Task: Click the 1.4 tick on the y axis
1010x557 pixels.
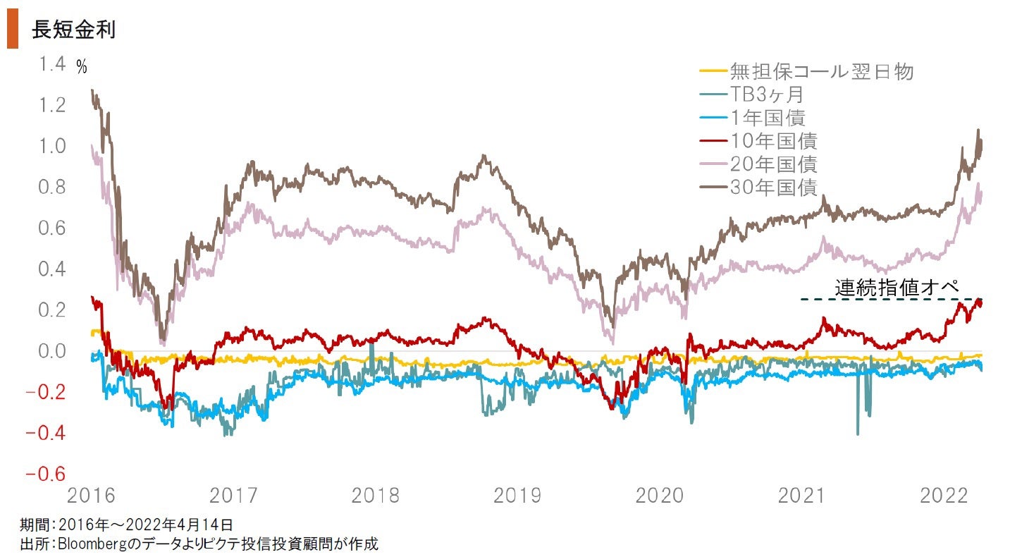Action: coord(52,64)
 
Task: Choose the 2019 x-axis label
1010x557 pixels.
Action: coord(517,496)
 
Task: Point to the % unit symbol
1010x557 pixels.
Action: coord(82,68)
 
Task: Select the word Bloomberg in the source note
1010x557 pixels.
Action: coord(91,544)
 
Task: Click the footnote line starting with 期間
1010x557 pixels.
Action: coord(127,525)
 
